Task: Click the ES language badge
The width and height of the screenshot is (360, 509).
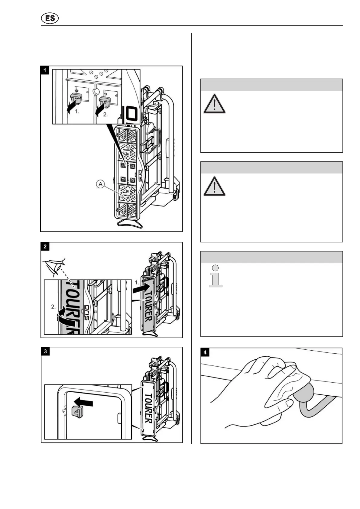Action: tap(50, 18)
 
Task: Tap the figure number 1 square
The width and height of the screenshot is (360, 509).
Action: tap(45, 70)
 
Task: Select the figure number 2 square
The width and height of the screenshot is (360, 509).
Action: tap(45, 246)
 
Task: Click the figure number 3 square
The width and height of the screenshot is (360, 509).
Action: tap(45, 351)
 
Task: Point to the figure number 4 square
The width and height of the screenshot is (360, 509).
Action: tap(205, 352)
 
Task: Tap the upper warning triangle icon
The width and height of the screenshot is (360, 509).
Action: tap(214, 104)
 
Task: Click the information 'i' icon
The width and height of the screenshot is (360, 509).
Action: tap(216, 276)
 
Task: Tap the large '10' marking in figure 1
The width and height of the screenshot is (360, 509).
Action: tap(131, 114)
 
